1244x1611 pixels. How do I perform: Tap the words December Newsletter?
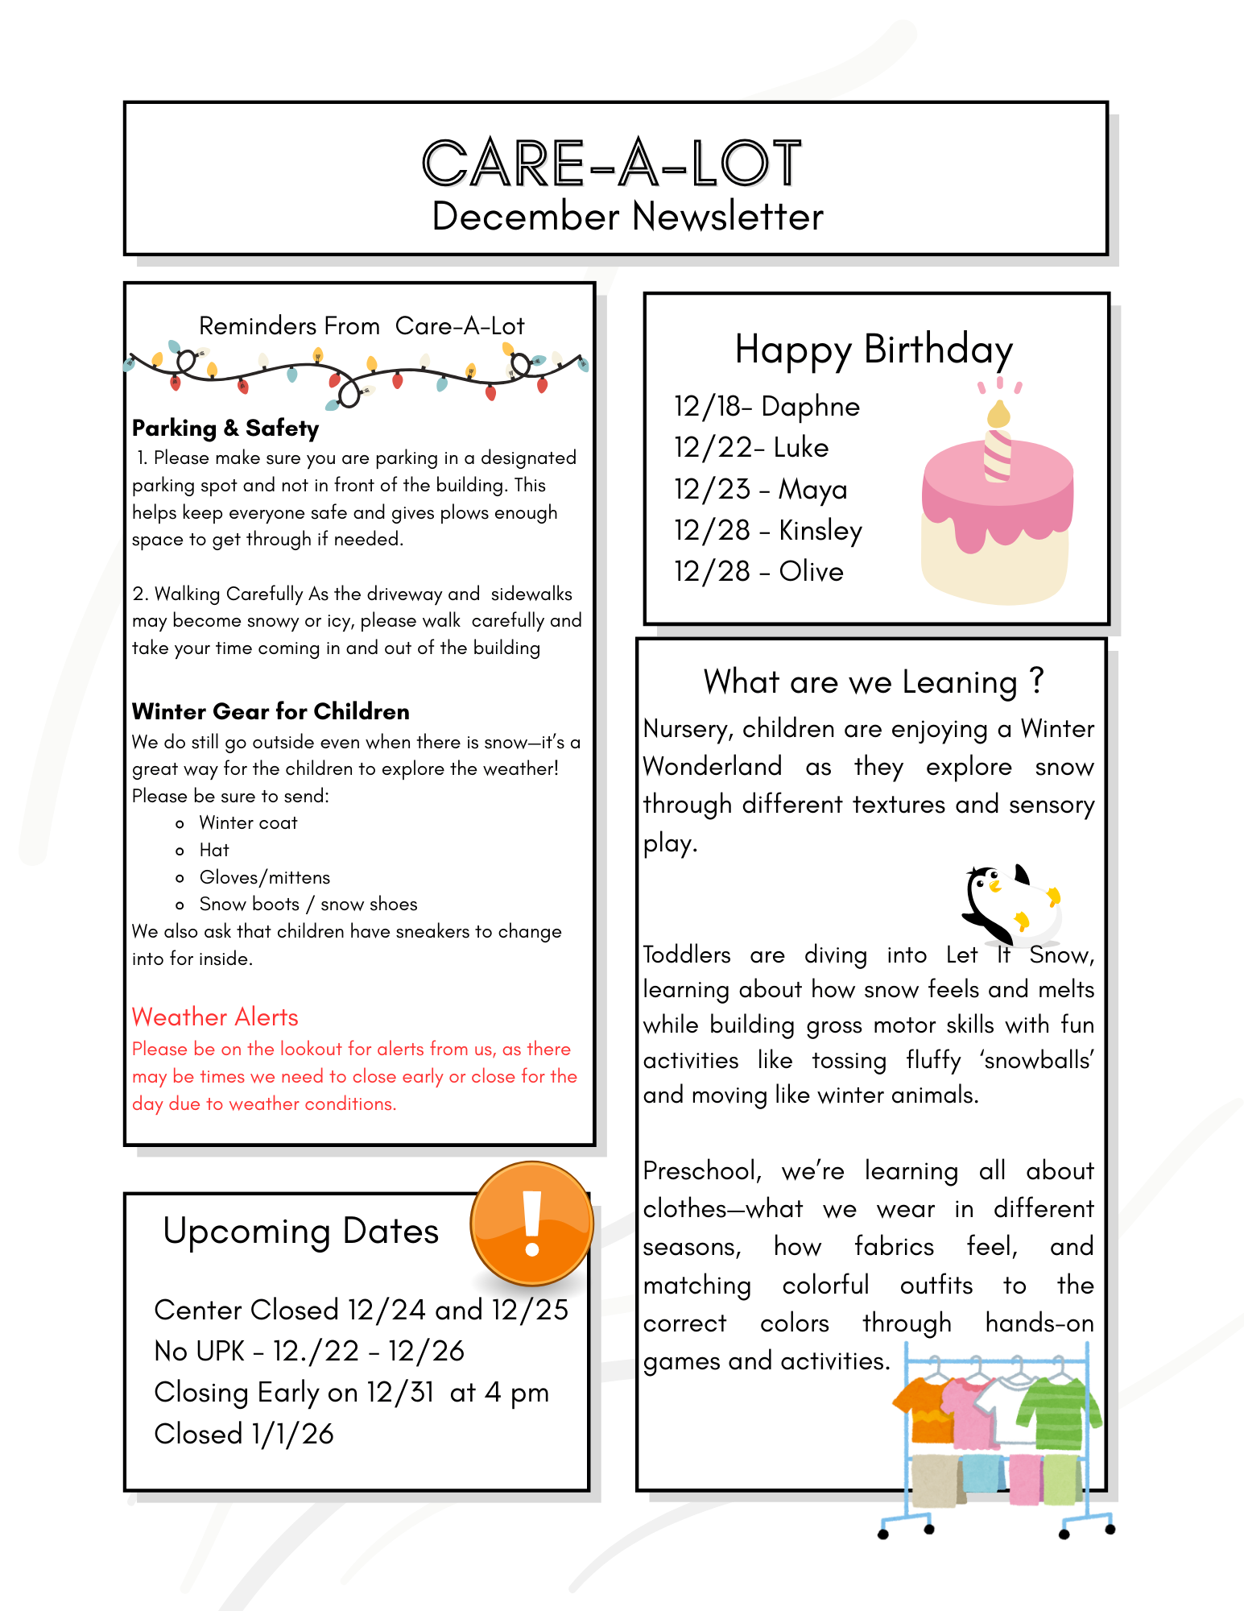627,217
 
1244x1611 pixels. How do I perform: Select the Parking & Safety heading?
225,428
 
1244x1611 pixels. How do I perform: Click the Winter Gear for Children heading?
271,711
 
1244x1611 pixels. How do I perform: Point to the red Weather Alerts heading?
215,1017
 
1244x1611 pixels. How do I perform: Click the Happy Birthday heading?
874,350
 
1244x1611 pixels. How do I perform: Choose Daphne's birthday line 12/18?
767,407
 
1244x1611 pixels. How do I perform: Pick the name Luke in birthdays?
801,448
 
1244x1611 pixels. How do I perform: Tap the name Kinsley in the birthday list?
820,531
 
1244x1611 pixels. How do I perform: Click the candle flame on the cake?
998,414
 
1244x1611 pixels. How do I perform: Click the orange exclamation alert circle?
531,1223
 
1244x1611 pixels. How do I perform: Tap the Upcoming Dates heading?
300,1232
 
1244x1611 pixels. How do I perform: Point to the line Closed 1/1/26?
244,1434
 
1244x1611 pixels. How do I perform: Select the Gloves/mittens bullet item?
264,877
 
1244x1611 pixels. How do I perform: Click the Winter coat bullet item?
248,823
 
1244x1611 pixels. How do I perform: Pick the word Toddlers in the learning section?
687,955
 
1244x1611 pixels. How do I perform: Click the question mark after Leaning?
1036,681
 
